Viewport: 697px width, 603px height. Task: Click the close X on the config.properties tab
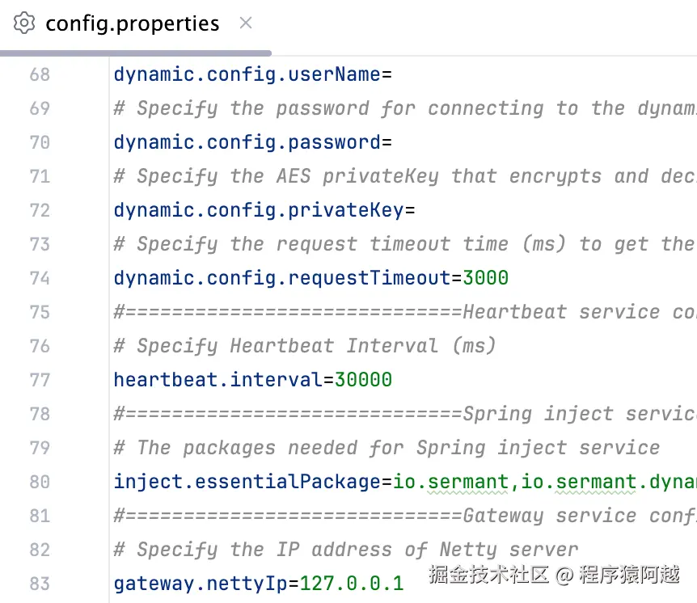[x=246, y=23]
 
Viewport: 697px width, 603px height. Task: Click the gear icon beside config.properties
[x=25, y=23]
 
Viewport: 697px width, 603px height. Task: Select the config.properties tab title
[x=132, y=23]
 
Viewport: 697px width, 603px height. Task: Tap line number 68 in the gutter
[x=40, y=75]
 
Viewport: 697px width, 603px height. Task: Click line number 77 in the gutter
[x=40, y=380]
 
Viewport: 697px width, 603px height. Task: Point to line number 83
[x=40, y=584]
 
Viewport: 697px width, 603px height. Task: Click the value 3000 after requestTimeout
[x=485, y=278]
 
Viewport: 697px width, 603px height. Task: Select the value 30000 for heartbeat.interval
[x=363, y=380]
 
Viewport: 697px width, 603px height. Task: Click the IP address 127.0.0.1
[x=351, y=584]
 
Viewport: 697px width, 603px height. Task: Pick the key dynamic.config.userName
[x=247, y=75]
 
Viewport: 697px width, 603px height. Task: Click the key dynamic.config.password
[x=247, y=143]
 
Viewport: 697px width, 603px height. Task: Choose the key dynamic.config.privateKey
[x=258, y=211]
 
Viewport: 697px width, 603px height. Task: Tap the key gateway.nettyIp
[x=201, y=584]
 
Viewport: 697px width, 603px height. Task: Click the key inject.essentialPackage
[x=247, y=482]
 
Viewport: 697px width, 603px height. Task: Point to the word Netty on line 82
[x=469, y=550]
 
